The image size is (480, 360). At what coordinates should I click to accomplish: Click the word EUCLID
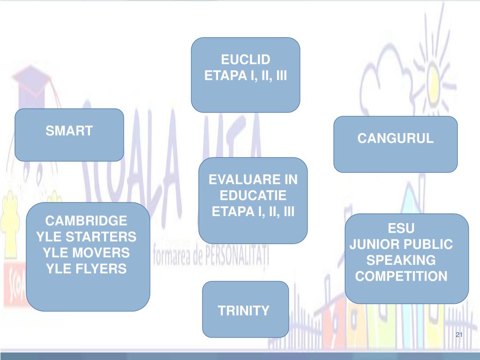pos(246,60)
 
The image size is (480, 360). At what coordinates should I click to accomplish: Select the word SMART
pos(69,131)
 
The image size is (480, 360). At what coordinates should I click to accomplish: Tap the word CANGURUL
pos(396,138)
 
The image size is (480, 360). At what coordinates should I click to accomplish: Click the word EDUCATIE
pos(253,195)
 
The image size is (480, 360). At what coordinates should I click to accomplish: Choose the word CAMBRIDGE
pos(86,221)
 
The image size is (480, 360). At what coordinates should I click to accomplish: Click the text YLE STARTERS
pos(86,237)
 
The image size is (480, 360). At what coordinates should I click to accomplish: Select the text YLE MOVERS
pos(86,253)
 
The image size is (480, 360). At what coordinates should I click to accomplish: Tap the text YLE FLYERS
pos(86,269)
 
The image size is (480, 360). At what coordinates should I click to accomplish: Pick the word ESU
pos(401,228)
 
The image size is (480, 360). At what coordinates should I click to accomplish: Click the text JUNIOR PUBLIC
pos(401,244)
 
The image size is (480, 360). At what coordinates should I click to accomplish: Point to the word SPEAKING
pos(401,260)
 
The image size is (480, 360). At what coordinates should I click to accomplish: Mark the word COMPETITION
pos(401,276)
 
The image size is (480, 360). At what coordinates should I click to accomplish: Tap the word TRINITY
pos(244,310)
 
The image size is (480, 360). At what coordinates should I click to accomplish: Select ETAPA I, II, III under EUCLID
pos(246,76)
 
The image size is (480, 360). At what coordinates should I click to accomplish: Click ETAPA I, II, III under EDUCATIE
pos(253,211)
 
